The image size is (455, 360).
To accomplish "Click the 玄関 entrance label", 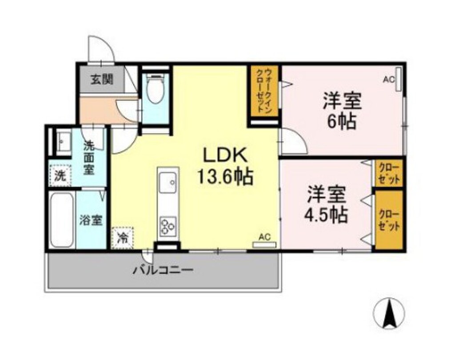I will click(x=102, y=80).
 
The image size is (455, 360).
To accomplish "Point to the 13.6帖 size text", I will click(x=226, y=178).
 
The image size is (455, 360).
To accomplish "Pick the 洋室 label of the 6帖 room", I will click(x=342, y=101).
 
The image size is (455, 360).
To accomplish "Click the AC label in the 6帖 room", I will click(x=389, y=80).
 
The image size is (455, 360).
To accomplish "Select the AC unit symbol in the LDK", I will click(x=264, y=244).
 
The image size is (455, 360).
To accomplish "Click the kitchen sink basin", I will click(x=168, y=183).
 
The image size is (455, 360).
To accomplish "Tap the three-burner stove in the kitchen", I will click(x=168, y=225).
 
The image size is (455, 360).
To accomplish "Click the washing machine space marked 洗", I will click(x=60, y=175).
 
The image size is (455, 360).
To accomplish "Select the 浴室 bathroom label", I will click(x=92, y=220).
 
